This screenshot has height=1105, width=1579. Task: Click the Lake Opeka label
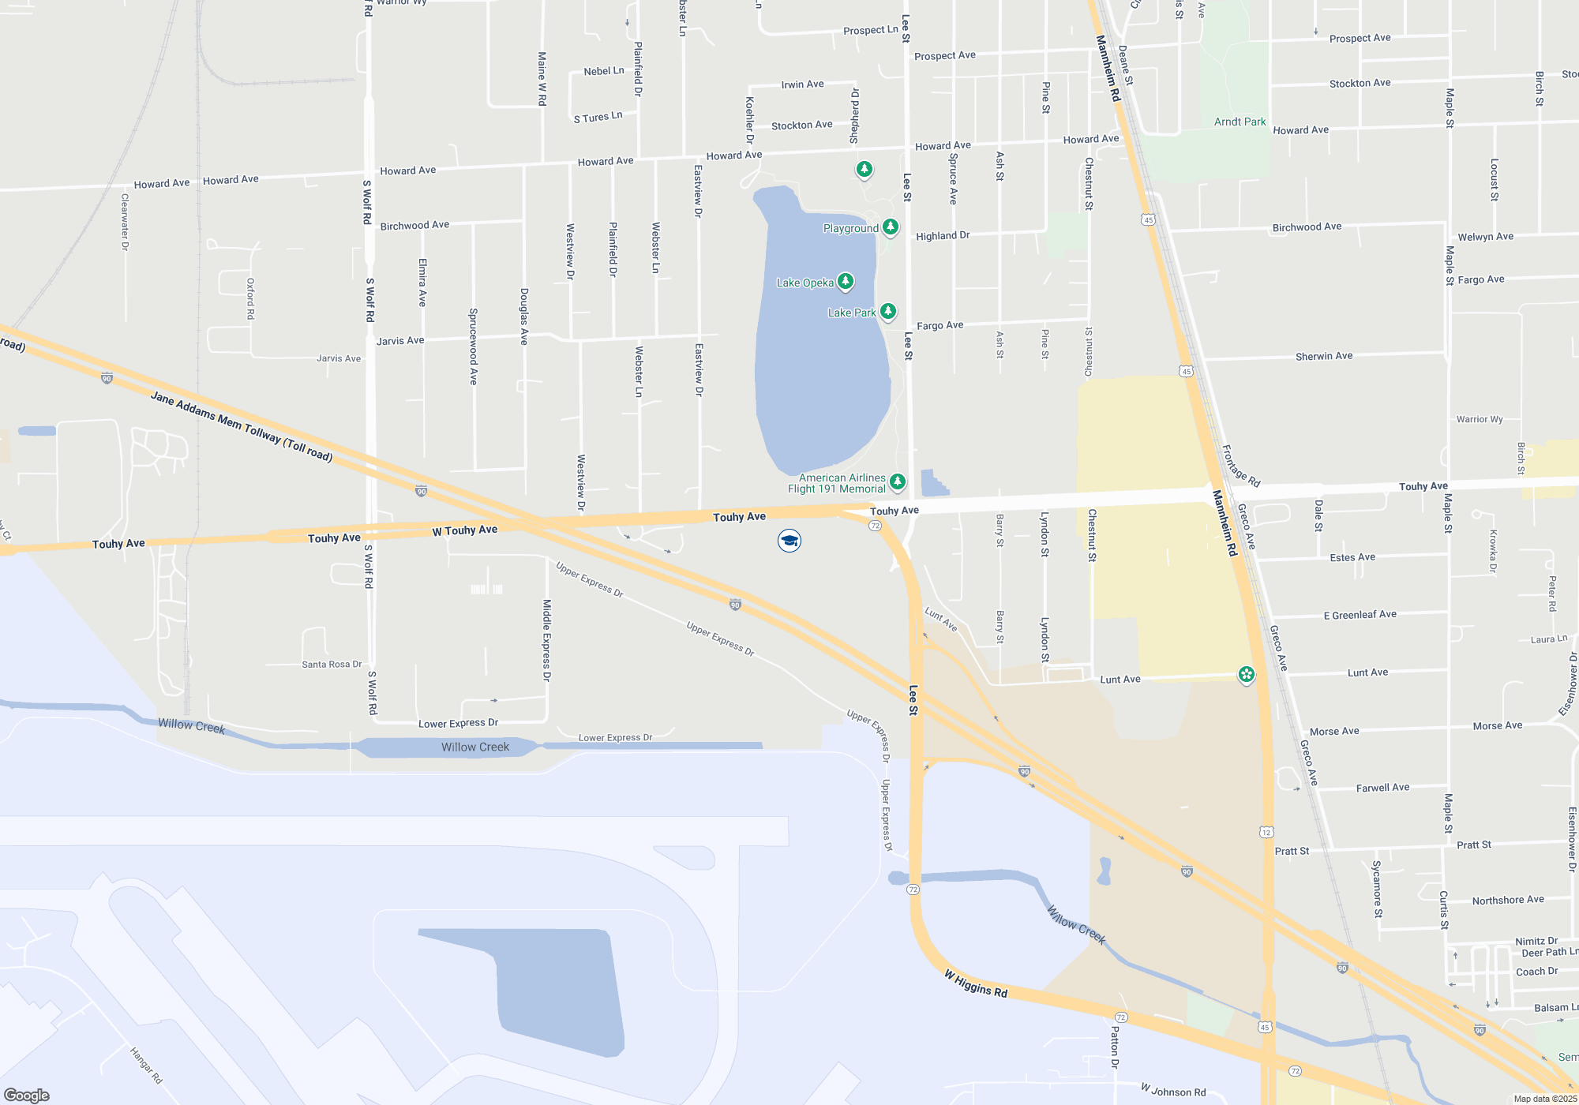coord(805,283)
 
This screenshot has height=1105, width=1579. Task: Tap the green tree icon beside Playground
coord(891,227)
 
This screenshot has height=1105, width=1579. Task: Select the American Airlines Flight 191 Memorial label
coord(842,483)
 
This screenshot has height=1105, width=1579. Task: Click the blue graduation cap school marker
coord(789,541)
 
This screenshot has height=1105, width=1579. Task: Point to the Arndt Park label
coord(1240,122)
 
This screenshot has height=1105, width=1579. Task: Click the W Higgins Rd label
coord(976,984)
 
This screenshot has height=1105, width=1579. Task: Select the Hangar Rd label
coord(146,1066)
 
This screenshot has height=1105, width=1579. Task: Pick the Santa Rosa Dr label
coord(332,665)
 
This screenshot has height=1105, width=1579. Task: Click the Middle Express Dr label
coord(546,639)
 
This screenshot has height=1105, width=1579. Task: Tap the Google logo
coord(27,1095)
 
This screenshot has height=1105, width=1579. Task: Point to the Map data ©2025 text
coord(1545,1099)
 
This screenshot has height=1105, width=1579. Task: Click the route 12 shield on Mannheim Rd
coord(1266,832)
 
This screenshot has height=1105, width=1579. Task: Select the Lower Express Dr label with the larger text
coord(458,723)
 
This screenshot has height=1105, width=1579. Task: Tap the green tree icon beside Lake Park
coord(888,311)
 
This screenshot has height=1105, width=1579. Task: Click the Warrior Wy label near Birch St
coord(1480,419)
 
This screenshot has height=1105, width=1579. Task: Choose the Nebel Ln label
coord(604,71)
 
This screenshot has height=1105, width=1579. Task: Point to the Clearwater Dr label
coord(125,222)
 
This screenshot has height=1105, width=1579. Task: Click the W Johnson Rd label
coord(1173,1091)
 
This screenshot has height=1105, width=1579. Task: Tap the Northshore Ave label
coord(1508,900)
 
